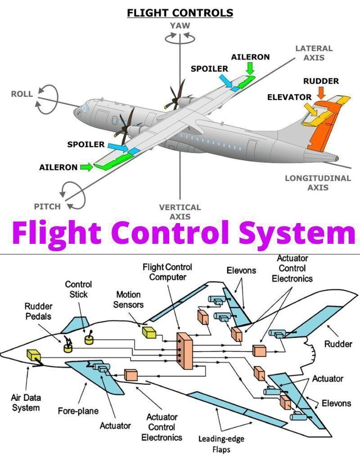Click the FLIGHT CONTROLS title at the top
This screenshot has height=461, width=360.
click(x=180, y=13)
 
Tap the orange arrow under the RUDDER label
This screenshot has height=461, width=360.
click(x=321, y=93)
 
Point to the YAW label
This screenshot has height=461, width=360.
click(x=180, y=26)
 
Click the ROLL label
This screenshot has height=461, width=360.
click(x=22, y=94)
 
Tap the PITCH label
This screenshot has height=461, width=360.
click(x=47, y=206)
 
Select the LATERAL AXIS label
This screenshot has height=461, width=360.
click(x=314, y=53)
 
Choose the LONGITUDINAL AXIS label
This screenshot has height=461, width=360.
click(x=318, y=183)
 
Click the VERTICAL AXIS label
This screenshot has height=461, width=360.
click(x=180, y=212)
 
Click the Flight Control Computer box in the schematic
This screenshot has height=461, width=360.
click(x=184, y=351)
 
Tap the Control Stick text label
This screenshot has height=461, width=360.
click(x=78, y=289)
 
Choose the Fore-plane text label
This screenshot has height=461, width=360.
click(x=78, y=411)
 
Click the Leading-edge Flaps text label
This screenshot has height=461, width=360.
click(x=221, y=443)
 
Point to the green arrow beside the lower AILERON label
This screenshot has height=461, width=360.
click(x=86, y=167)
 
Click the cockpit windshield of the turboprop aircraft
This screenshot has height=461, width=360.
click(x=85, y=108)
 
